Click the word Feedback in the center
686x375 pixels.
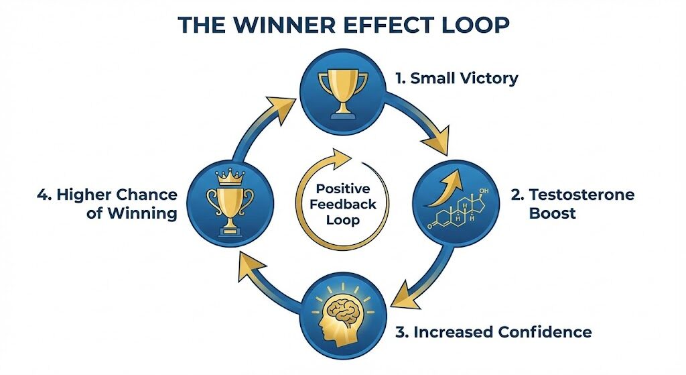point(342,204)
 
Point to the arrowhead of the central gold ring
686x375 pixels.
point(341,160)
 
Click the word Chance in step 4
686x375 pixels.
point(146,195)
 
